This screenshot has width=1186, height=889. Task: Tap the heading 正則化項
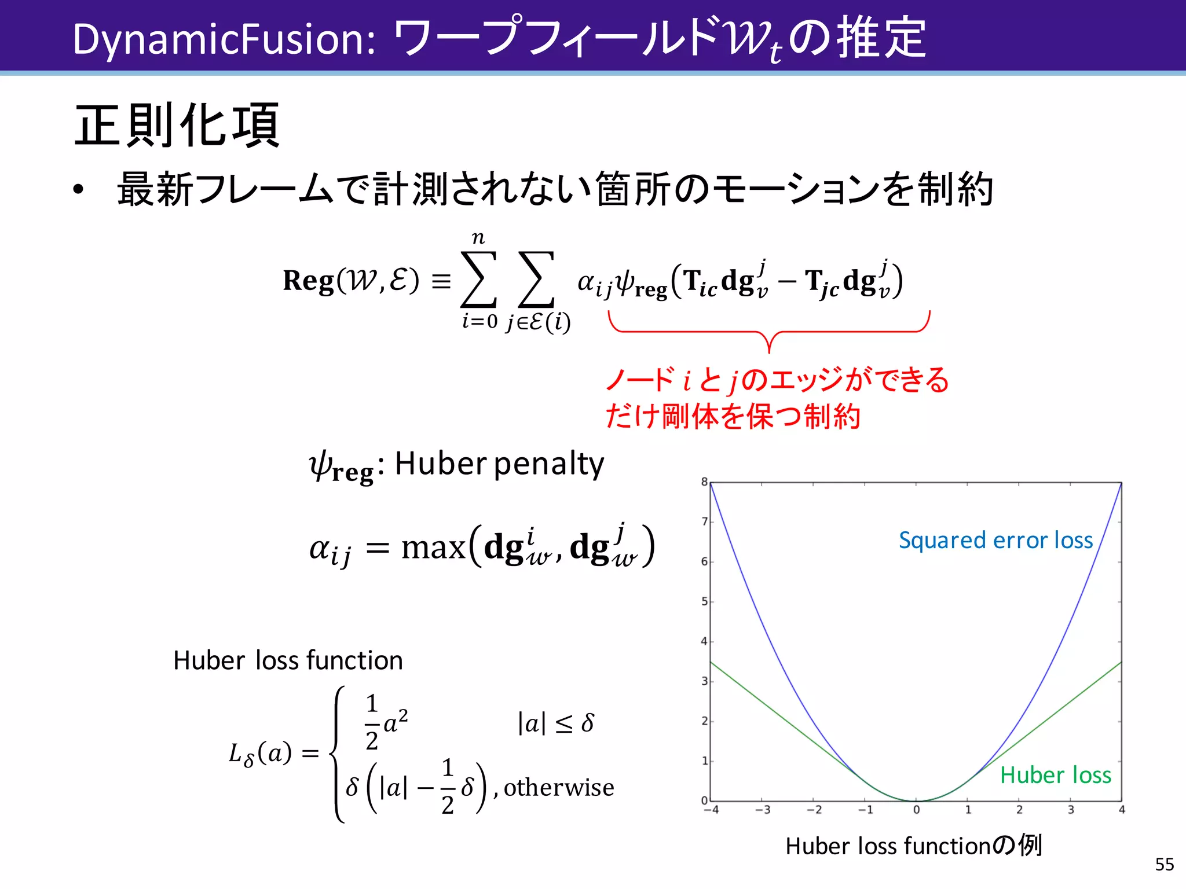(177, 126)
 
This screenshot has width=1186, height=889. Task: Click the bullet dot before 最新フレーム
(79, 190)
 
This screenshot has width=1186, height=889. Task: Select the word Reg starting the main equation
(308, 281)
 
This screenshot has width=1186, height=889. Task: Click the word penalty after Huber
(549, 464)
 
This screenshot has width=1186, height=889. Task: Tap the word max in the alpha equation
(433, 548)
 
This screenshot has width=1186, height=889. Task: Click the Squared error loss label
(995, 540)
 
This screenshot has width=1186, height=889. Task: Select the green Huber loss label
(1055, 775)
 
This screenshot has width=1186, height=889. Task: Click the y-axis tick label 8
(704, 482)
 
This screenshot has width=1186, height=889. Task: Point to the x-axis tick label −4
(711, 810)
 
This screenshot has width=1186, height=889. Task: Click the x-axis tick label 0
(916, 810)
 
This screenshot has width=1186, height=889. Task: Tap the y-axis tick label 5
(704, 601)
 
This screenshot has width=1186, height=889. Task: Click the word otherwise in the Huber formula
(559, 788)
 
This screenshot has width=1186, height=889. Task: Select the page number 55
(1164, 864)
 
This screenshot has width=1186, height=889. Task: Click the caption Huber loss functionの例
(913, 846)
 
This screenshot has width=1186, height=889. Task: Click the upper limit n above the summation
(478, 238)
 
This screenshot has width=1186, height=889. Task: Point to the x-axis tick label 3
(1070, 810)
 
